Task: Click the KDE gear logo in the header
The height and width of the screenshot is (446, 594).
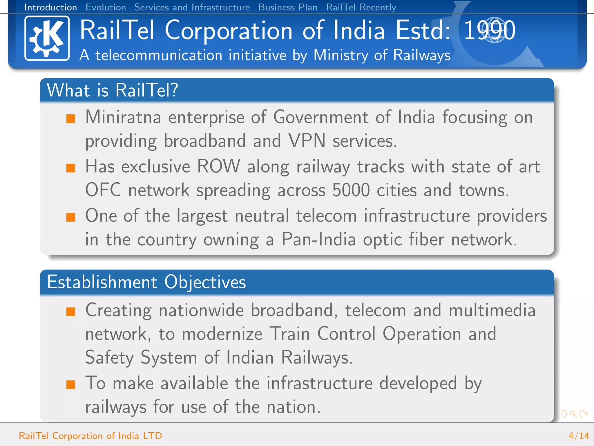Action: click(x=47, y=38)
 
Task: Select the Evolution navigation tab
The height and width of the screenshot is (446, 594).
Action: click(x=106, y=7)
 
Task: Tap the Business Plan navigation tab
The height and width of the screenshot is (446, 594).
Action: click(x=288, y=7)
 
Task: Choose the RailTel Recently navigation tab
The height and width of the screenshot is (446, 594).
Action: click(x=361, y=7)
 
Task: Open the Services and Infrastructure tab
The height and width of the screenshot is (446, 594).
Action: click(x=192, y=7)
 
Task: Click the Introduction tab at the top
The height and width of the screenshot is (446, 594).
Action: click(x=50, y=7)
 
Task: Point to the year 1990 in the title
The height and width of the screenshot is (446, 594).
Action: click(x=489, y=30)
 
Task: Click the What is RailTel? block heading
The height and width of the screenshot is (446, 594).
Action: click(x=113, y=90)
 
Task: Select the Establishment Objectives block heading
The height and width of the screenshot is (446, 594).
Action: click(x=146, y=282)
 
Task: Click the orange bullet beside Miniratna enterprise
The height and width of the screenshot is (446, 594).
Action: click(x=71, y=119)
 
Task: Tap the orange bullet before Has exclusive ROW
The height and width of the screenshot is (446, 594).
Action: click(x=71, y=168)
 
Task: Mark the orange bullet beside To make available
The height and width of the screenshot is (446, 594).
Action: click(x=71, y=385)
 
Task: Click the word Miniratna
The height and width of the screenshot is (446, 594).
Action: click(x=123, y=118)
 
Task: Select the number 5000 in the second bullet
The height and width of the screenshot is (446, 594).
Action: click(x=351, y=190)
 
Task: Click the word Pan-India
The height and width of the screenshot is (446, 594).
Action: click(x=318, y=240)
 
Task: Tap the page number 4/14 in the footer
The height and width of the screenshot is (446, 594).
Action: click(x=579, y=436)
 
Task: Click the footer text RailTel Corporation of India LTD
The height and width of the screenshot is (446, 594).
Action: click(x=90, y=436)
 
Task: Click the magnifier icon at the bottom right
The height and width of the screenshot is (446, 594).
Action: click(x=573, y=413)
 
